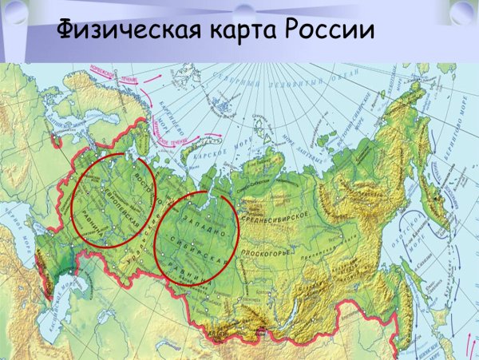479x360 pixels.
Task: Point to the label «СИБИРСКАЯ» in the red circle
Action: (199, 247)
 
